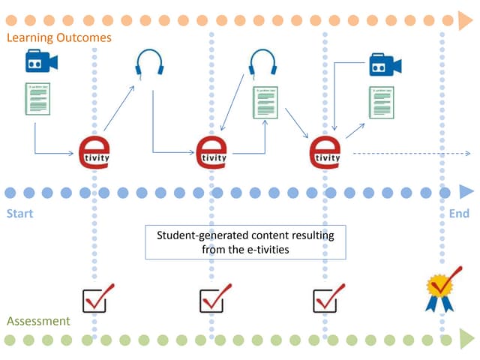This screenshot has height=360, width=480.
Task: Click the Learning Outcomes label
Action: tap(58, 37)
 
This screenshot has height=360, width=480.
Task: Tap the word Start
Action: tap(20, 214)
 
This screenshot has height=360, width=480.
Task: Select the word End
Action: tap(458, 214)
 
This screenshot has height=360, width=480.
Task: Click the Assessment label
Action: tap(38, 321)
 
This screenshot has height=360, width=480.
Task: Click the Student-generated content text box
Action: tap(245, 241)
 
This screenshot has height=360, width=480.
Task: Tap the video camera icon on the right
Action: tap(385, 65)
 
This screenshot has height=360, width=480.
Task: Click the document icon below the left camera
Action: tap(37, 99)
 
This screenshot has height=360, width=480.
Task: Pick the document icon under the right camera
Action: tap(382, 102)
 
